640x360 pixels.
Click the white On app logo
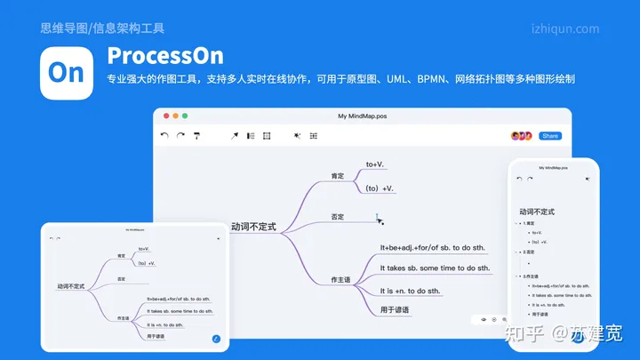tap(67, 73)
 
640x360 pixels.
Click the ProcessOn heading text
tap(165, 55)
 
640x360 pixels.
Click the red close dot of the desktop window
tap(164, 116)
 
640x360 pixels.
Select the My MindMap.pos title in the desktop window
tap(362, 116)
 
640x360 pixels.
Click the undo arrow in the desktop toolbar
tap(164, 136)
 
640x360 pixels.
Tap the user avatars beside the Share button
tap(521, 136)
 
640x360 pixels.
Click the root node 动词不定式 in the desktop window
tap(253, 227)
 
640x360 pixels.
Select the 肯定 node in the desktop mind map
tap(337, 175)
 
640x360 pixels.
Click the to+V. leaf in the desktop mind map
tap(375, 164)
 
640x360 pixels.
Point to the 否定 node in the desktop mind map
tap(337, 217)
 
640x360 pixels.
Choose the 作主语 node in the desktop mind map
tap(340, 279)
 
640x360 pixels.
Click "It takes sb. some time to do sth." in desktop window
tap(435, 268)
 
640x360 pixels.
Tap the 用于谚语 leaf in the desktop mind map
tap(395, 309)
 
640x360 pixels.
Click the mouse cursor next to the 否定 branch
tap(380, 219)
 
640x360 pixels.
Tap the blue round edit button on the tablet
tap(216, 339)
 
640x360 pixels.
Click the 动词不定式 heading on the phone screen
tap(537, 212)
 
